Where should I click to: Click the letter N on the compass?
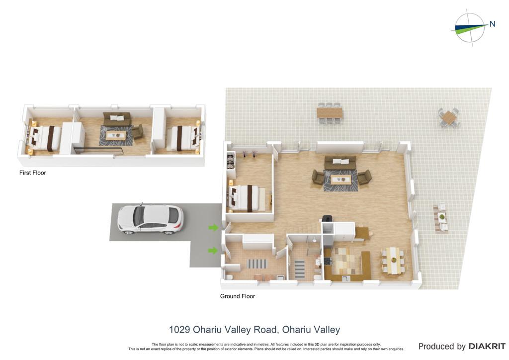(x=492, y=24)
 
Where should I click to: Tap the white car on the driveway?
(x=150, y=219)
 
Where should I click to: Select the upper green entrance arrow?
(x=213, y=228)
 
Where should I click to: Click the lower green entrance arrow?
(x=213, y=250)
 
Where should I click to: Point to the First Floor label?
(x=32, y=173)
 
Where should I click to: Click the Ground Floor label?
(x=237, y=296)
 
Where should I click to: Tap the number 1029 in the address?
(x=179, y=330)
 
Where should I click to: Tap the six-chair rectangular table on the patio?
(x=330, y=113)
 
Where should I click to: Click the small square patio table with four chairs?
(x=449, y=118)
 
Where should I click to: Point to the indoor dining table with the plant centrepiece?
(x=394, y=260)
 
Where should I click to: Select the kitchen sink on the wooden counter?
(x=345, y=278)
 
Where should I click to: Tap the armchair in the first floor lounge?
(x=138, y=131)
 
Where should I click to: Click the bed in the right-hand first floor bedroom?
(x=182, y=138)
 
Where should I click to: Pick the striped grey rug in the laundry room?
(x=257, y=264)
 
